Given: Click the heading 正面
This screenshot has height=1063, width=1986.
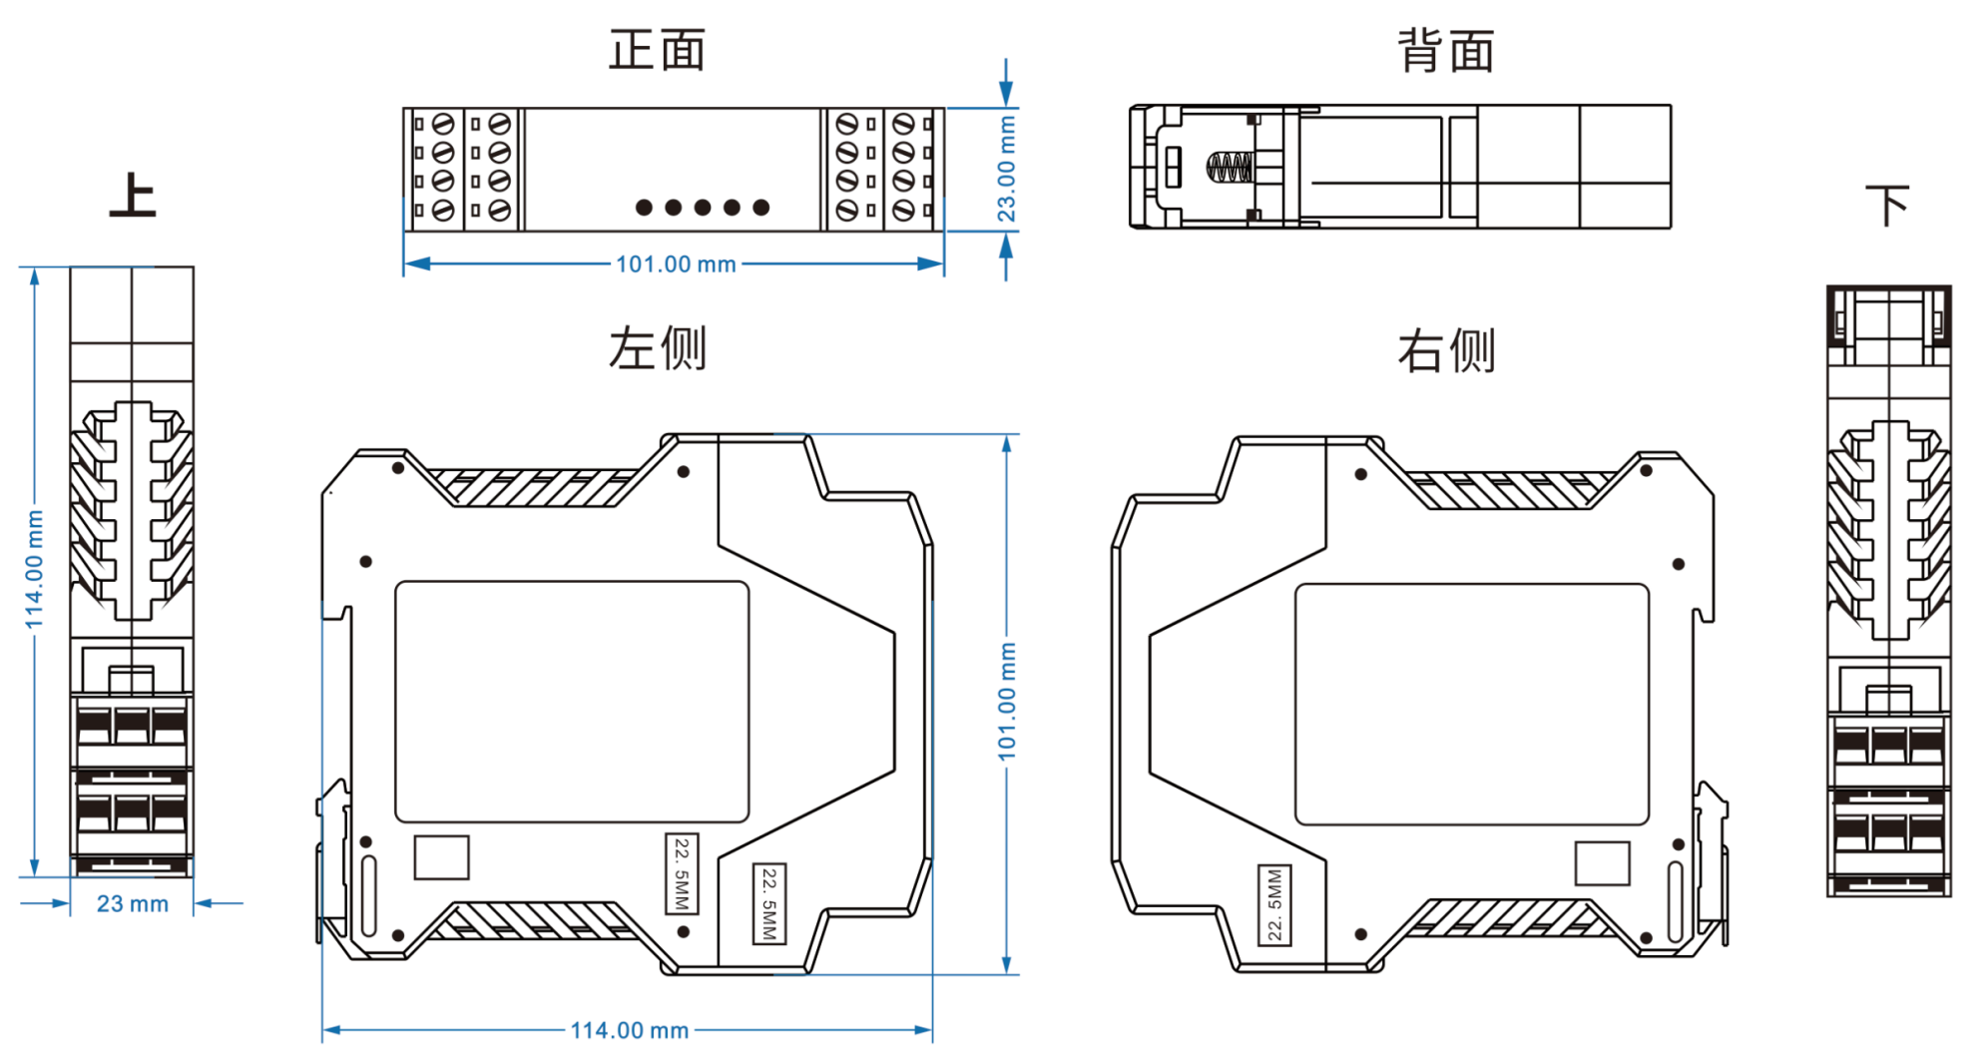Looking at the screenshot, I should (x=657, y=50).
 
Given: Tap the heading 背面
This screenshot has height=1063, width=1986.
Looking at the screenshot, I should (x=1445, y=51).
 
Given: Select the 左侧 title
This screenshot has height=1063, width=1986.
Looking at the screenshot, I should (x=657, y=348).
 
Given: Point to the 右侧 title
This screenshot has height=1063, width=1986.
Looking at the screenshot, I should (x=1446, y=350).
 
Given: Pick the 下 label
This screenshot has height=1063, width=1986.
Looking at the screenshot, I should (x=1887, y=206).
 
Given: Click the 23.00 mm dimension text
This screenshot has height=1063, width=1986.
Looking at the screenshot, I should (x=1006, y=169).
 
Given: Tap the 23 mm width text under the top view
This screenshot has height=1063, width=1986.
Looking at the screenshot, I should (x=132, y=904).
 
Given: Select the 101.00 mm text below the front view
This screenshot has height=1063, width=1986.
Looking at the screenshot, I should (x=676, y=265).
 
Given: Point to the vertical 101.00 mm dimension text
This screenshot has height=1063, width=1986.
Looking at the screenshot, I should (x=1007, y=701).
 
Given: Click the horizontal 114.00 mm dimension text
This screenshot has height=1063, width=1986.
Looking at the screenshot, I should (x=629, y=1030).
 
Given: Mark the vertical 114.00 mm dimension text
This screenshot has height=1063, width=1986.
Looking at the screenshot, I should (x=35, y=569).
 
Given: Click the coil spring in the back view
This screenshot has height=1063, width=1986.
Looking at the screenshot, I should (x=1229, y=167).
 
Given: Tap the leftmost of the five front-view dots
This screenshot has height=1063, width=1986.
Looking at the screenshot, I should (x=644, y=208).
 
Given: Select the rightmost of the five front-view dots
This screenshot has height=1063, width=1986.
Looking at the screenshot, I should (x=761, y=208).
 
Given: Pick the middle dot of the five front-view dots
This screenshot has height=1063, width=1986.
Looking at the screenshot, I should (x=703, y=208).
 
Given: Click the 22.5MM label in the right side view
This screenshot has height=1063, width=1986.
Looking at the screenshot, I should (x=1274, y=904).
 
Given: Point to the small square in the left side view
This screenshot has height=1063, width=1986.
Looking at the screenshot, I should (x=441, y=857).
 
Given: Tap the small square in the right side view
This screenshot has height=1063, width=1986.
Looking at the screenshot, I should (x=1602, y=863).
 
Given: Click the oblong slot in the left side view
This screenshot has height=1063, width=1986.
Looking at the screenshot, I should (x=368, y=895).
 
